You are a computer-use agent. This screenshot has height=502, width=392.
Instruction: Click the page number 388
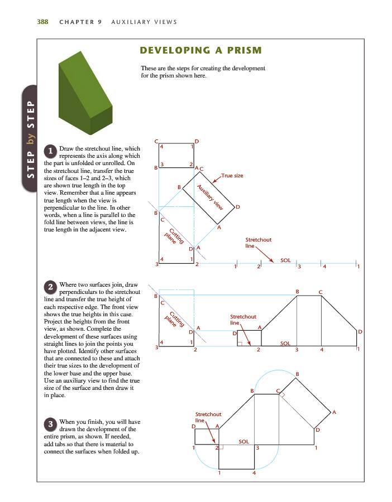pyautogui.click(x=42, y=22)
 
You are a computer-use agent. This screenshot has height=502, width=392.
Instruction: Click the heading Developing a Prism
pyautogui.click(x=200, y=51)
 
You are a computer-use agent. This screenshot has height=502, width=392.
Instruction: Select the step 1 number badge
pyautogui.click(x=51, y=151)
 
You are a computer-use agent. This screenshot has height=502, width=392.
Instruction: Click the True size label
pyautogui.click(x=232, y=176)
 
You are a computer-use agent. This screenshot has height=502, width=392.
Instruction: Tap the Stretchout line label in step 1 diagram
pyautogui.click(x=258, y=243)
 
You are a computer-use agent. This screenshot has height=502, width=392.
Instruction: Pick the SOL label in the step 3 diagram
pyautogui.click(x=243, y=441)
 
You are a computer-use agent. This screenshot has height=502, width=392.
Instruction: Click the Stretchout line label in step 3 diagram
pyautogui.click(x=208, y=417)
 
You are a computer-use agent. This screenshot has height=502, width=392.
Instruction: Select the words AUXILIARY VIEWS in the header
pyautogui.click(x=144, y=22)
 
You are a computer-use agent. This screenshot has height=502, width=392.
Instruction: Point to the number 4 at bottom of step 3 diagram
pyautogui.click(x=254, y=474)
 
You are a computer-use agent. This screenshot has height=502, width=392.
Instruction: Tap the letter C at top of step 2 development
pyautogui.click(x=321, y=292)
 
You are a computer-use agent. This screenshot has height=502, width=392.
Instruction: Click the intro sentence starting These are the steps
pyautogui.click(x=203, y=72)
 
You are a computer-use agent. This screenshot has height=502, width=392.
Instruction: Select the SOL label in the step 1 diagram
pyautogui.click(x=285, y=260)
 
